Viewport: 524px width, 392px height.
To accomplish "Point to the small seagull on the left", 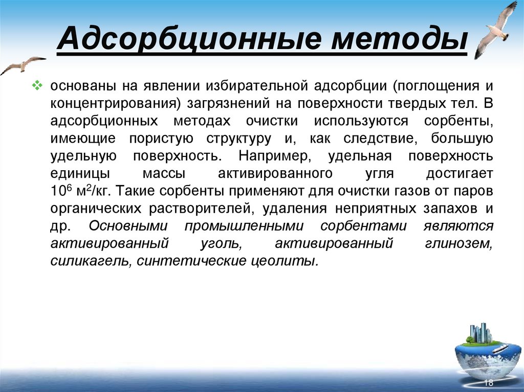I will (x=23, y=65).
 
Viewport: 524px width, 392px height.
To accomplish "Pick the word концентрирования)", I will (x=107, y=102).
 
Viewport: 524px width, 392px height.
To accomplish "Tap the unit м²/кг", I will (x=90, y=191).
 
